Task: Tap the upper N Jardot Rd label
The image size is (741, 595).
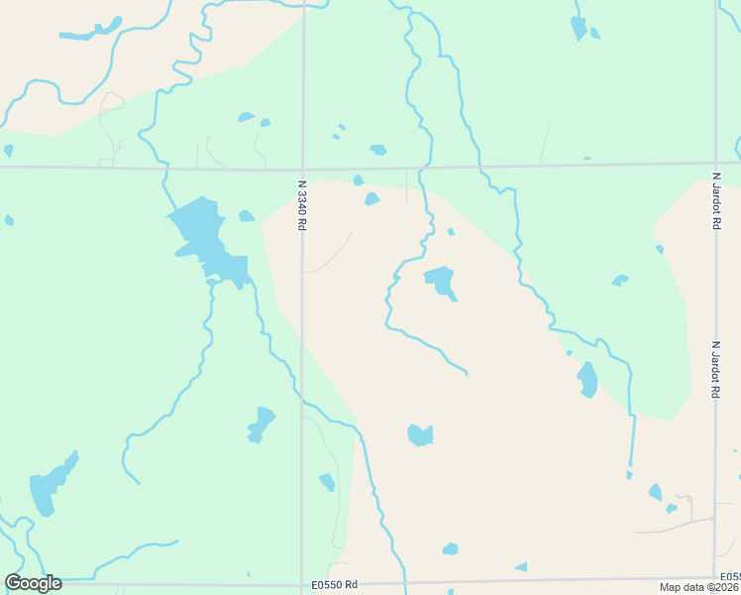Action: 715,201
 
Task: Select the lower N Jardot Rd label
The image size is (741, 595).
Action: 715,370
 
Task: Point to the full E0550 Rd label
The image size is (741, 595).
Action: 333,585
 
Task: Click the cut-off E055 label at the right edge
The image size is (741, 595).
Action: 730,577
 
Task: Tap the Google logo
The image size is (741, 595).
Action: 33,583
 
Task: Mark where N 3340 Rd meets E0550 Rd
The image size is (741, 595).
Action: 302,583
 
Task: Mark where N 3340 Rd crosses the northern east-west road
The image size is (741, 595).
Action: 302,169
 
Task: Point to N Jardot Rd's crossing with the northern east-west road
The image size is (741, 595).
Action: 715,164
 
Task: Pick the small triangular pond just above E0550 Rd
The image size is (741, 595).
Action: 521,567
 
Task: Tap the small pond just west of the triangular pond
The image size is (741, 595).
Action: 451,548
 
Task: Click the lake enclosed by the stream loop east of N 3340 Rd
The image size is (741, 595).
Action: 440,281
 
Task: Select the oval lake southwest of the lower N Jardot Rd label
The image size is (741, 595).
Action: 587,379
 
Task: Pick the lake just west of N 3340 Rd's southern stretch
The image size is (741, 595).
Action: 262,423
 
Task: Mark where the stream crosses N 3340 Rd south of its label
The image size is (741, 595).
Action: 302,399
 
